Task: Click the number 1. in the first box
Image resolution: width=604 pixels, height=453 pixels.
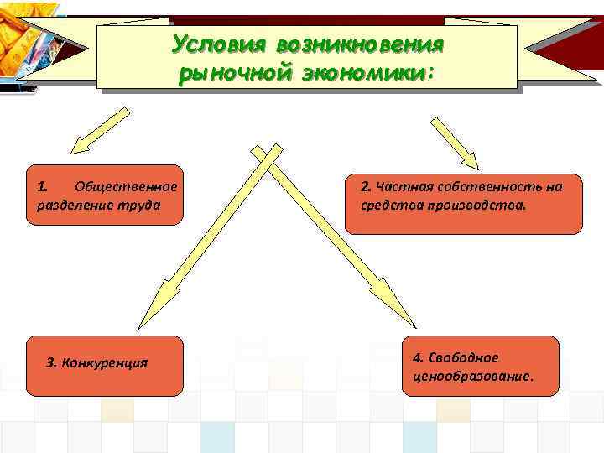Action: coord(44,185)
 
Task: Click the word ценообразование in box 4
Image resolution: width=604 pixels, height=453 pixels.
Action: coord(466,375)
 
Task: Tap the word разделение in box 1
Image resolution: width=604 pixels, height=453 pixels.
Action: coord(72,204)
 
